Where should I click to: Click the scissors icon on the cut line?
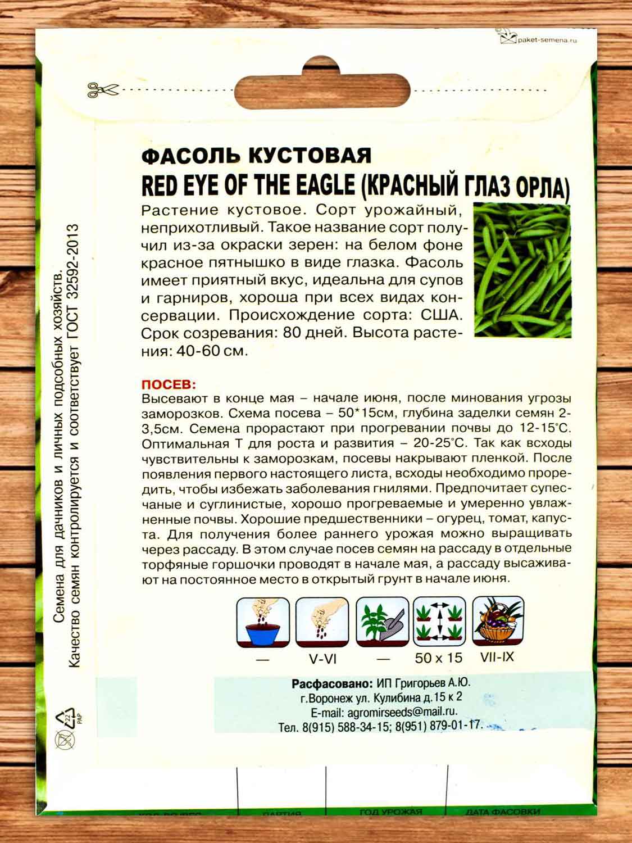103,89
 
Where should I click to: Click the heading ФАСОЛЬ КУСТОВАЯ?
256,156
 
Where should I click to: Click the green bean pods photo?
522,270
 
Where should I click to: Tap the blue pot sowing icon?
263,623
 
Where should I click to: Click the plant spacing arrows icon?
439,622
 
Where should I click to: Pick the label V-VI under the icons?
322,659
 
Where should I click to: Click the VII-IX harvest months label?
497,656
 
